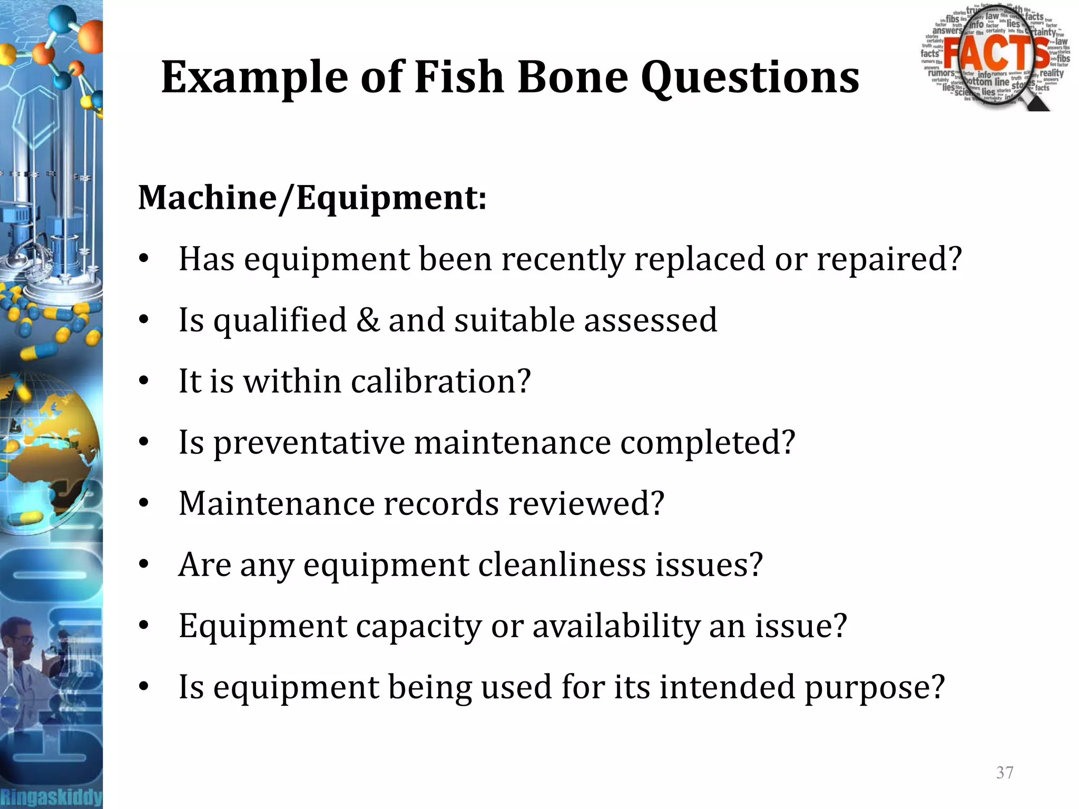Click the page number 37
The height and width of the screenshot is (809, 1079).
[1005, 773]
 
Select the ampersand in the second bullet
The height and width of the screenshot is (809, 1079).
[367, 320]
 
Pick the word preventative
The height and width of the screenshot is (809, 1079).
[309, 443]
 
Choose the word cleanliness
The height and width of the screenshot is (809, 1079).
[562, 564]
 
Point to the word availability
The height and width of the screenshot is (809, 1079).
[616, 626]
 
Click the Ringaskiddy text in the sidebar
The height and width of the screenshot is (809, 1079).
[51, 796]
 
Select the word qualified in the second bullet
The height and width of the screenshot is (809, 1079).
[280, 320]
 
